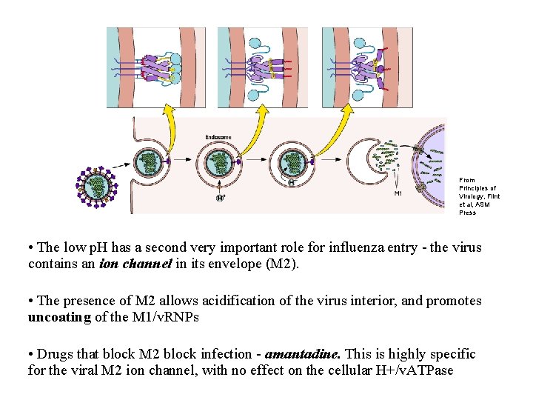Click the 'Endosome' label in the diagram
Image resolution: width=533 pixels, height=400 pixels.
coord(218,137)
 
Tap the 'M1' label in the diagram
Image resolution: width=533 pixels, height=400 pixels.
coord(398,194)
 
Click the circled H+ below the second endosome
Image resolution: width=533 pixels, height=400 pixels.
coord(220,198)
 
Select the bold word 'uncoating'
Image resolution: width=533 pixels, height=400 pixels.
coord(58,316)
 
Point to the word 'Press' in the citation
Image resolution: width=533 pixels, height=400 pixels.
coord(467,213)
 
